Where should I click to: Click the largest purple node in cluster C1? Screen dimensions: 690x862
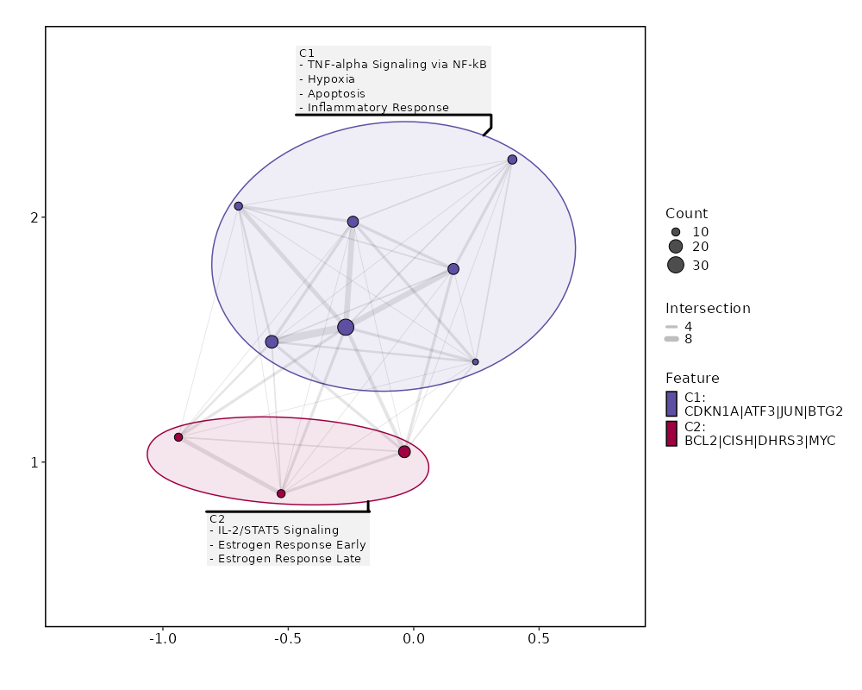pyautogui.click(x=346, y=327)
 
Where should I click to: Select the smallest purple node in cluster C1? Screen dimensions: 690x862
pyautogui.click(x=475, y=361)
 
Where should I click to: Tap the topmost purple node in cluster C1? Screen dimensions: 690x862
pyautogui.click(x=512, y=160)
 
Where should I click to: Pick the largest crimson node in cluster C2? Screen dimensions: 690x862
pyautogui.click(x=404, y=452)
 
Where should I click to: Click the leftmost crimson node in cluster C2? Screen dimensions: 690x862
pyautogui.click(x=178, y=437)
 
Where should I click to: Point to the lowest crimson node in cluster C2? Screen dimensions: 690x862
pyautogui.click(x=281, y=493)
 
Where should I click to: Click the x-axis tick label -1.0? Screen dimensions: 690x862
pyautogui.click(x=162, y=641)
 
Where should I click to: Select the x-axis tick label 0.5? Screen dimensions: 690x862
pyautogui.click(x=539, y=641)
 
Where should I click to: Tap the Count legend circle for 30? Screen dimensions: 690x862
pyautogui.click(x=675, y=265)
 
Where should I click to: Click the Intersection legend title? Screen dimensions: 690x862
pyautogui.click(x=708, y=309)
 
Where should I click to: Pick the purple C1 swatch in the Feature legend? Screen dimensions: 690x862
pyautogui.click(x=671, y=403)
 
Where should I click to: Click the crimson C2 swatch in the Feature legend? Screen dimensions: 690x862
pyautogui.click(x=671, y=433)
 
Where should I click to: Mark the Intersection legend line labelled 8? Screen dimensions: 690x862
pyautogui.click(x=671, y=339)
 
